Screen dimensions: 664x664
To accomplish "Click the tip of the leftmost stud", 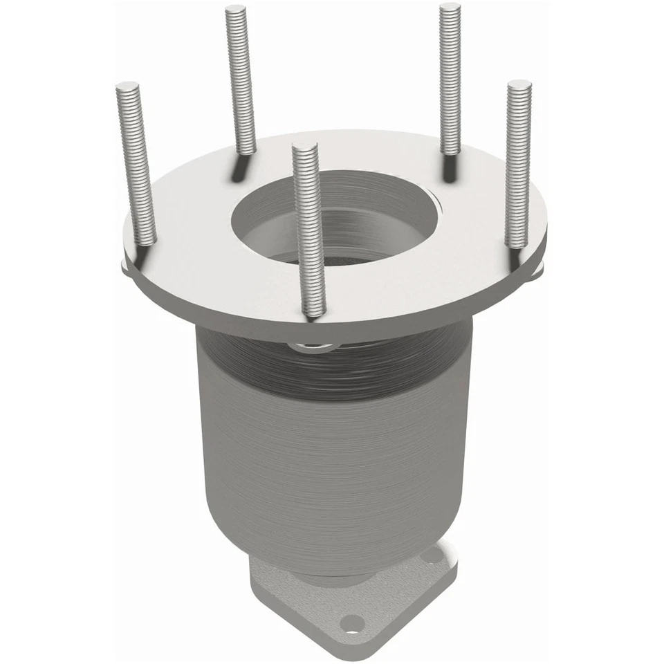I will pyautogui.click(x=128, y=86).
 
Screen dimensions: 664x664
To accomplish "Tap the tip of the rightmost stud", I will pyautogui.click(x=519, y=84).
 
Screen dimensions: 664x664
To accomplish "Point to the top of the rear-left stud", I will pyautogui.click(x=236, y=10).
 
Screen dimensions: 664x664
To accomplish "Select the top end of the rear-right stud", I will pyautogui.click(x=450, y=7).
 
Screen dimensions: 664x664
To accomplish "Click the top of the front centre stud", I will pyautogui.click(x=304, y=147).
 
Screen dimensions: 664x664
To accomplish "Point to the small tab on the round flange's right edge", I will pyautogui.click(x=537, y=270).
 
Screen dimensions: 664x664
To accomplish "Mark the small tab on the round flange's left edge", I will pyautogui.click(x=125, y=266).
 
